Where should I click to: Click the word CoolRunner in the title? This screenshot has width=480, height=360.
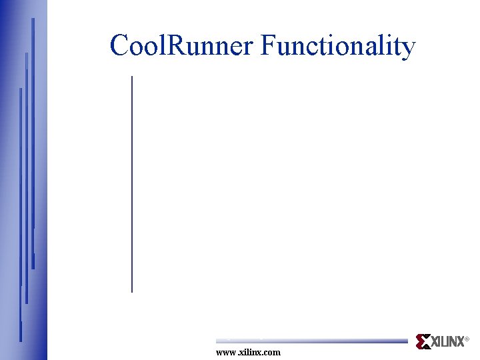[182, 47]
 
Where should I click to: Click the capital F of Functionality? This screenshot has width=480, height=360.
[267, 47]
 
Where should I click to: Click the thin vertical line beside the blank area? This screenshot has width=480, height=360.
[132, 184]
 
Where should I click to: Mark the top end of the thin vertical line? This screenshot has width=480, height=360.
[132, 77]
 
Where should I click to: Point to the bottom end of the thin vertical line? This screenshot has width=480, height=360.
[132, 291]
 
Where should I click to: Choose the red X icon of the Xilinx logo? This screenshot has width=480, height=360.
[423, 341]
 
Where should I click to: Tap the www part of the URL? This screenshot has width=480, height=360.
[226, 352]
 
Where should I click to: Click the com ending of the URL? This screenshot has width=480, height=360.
[273, 353]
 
